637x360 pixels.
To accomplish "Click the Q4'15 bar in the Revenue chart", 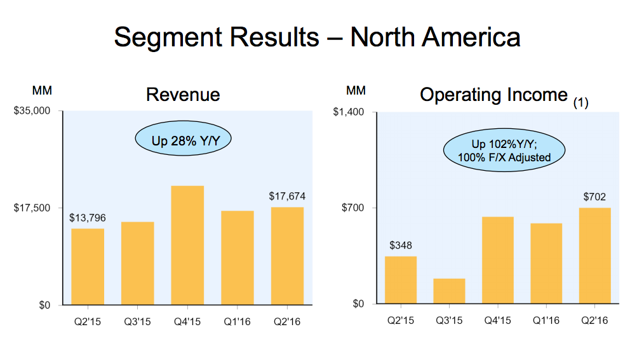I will coord(187,245).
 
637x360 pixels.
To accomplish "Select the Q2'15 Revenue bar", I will coord(88,266).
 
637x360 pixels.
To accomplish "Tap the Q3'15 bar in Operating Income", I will coord(449,291).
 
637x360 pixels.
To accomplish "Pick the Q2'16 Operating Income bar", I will coord(595,255).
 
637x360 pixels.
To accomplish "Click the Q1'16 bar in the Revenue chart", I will coord(238,257).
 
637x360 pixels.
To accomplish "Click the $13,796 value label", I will coord(88,218).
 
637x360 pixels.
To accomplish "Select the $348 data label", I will coord(401,245).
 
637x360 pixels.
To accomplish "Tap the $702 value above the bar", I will coord(595,197).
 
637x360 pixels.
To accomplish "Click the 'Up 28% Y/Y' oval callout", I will coord(182,140).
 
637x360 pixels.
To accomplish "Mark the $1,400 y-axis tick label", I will coord(349,112).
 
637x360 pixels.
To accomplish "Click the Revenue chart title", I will coord(183,95).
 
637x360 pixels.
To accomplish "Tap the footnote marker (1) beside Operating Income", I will coord(580,103).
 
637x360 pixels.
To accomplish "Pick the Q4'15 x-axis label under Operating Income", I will coord(498,321).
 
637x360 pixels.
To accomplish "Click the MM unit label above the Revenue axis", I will coord(43,91).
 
